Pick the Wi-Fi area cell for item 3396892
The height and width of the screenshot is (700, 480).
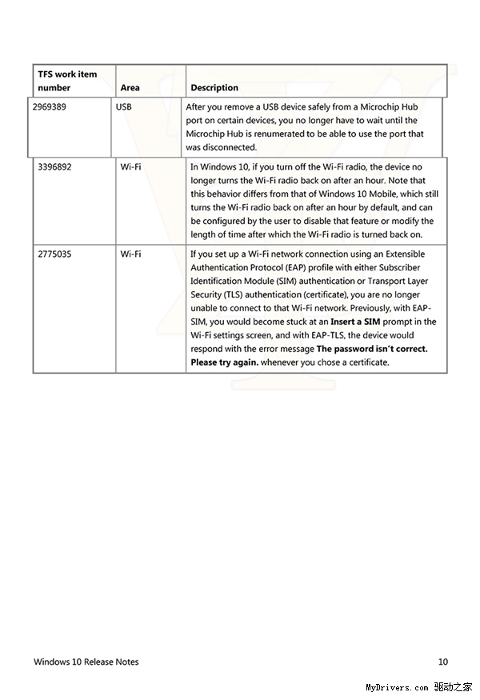point(130,166)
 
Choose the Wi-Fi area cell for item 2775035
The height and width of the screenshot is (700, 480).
point(130,254)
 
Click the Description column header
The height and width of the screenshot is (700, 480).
point(214,87)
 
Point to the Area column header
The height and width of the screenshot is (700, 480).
point(130,87)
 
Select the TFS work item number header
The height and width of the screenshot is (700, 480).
point(67,80)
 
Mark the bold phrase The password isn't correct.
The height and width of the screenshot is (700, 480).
point(372,349)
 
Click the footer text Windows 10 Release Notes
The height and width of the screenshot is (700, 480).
point(86,662)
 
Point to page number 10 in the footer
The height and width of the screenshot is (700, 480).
point(442,662)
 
